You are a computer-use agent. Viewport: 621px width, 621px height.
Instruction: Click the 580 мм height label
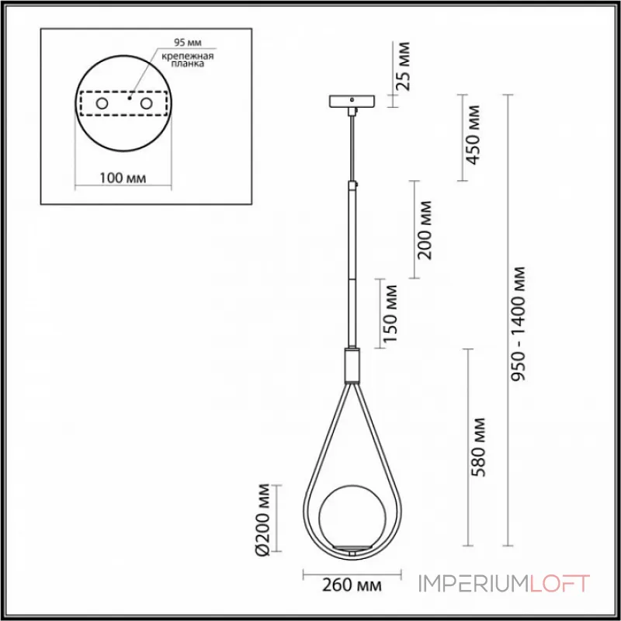[479, 447]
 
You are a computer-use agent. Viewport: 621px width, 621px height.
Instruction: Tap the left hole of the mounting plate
[102, 103]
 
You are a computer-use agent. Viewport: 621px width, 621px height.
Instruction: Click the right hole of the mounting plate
[145, 103]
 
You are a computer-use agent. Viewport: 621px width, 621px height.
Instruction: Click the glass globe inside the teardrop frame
[352, 516]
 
